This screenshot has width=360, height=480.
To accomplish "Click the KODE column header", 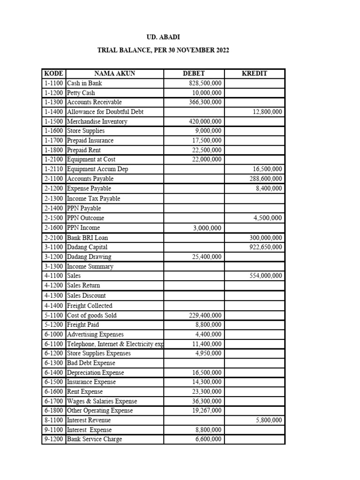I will point(53,74).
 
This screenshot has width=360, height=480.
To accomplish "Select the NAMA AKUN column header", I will point(114,74).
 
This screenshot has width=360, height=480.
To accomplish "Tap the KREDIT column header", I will point(254,74).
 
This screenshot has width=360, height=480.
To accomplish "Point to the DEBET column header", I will point(194,74).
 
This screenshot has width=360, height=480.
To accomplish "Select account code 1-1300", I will point(53,102).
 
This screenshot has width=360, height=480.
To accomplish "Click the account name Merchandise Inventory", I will point(97,121).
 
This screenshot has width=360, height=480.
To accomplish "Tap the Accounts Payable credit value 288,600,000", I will point(265,179).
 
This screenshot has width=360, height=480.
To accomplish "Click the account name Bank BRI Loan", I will point(87,238).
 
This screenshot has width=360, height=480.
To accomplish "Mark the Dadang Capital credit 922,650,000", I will point(265,247).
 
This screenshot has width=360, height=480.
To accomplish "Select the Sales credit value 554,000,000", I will point(265,276).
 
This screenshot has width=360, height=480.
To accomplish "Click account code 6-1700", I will point(53,401).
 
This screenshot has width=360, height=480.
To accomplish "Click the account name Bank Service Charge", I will point(94,439).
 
